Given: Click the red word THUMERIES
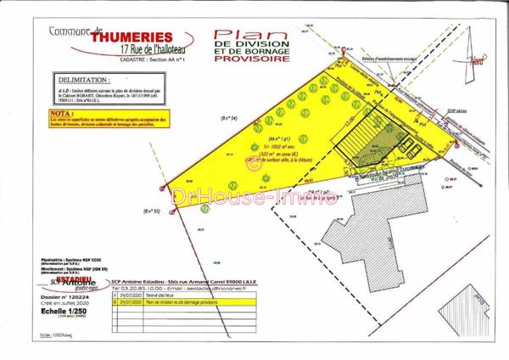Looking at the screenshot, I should point(132,37).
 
